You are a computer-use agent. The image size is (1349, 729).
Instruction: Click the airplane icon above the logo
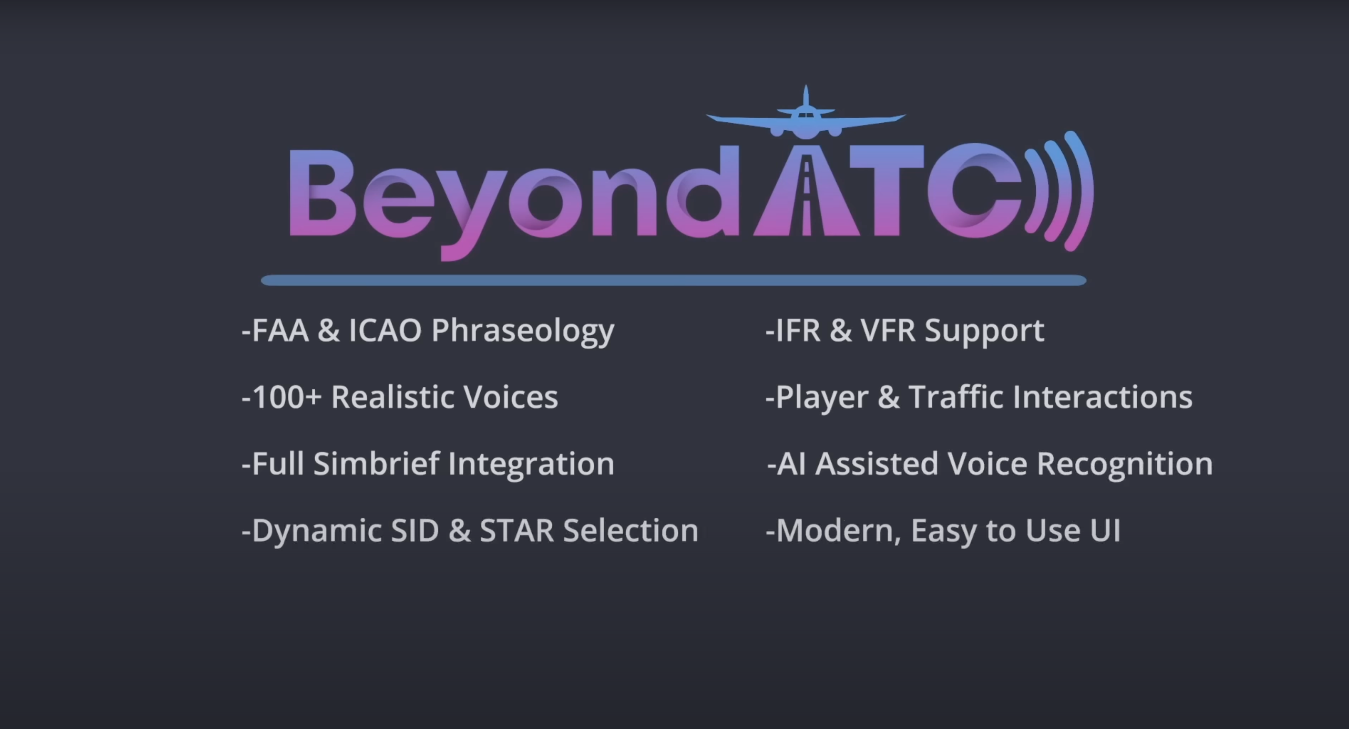(806, 118)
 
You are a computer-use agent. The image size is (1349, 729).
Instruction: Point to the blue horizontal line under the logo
(673, 280)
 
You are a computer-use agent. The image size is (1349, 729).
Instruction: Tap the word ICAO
(385, 331)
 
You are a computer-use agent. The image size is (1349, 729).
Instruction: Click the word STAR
(516, 530)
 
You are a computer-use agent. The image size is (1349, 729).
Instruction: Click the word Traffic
(956, 396)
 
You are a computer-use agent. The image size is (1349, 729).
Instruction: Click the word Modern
(838, 530)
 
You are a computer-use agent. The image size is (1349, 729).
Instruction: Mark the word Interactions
(1102, 396)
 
